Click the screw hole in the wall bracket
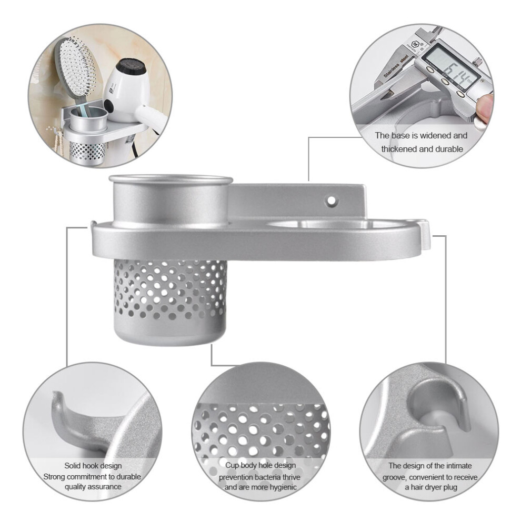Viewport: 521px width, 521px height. point(331,201)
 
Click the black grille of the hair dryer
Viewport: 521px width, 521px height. point(133,68)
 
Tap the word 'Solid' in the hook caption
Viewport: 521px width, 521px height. point(73,466)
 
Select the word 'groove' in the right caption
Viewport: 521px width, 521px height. point(394,477)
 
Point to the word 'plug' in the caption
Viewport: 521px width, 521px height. point(450,487)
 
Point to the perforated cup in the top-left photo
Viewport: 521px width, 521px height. point(87,151)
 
